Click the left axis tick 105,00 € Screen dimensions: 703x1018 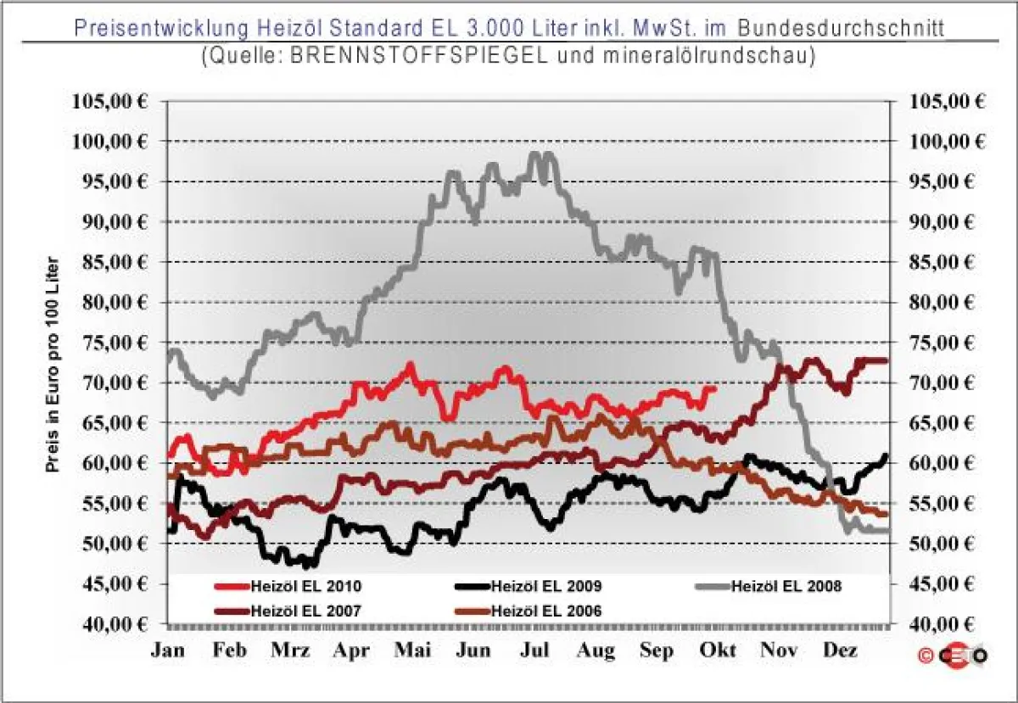tap(108, 101)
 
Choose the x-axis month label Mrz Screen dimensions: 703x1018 tap(290, 651)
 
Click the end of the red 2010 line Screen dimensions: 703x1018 tap(715, 388)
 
